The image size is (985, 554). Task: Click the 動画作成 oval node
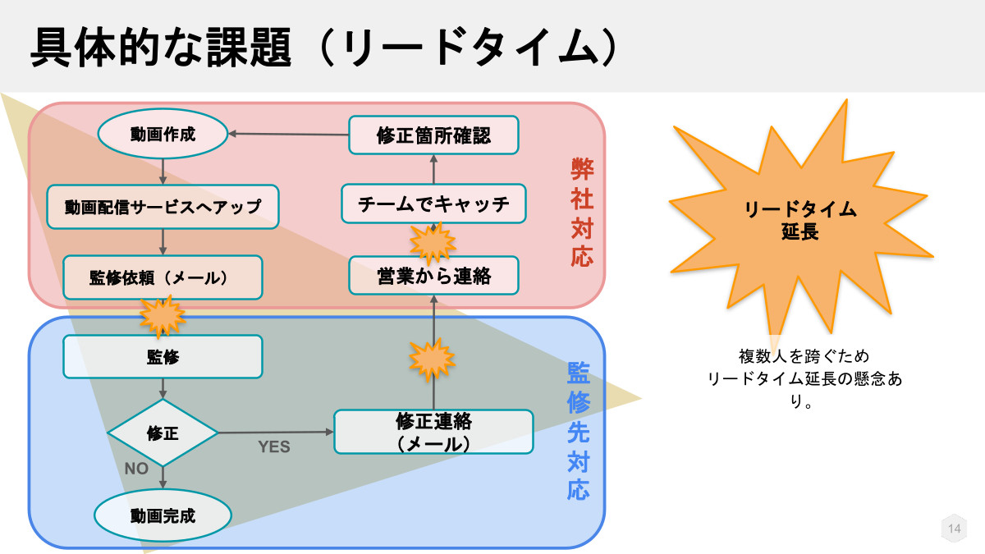(163, 134)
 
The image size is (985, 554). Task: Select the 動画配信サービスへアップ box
(163, 207)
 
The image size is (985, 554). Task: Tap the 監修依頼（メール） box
(163, 277)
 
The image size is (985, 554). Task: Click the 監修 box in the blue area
(163, 357)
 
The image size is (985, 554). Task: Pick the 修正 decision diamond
(163, 433)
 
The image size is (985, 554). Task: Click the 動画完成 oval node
(163, 515)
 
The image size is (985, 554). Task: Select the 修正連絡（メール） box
(433, 432)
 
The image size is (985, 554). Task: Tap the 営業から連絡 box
(433, 276)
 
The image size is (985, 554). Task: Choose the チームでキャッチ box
(433, 204)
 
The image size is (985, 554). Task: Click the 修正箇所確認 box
(433, 135)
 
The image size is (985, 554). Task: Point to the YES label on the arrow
(274, 447)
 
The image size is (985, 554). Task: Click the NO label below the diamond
(136, 469)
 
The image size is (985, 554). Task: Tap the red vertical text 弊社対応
(582, 212)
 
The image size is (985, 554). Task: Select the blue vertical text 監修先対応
(579, 432)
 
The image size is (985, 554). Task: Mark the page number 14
(953, 529)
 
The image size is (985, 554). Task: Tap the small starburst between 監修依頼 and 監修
(162, 315)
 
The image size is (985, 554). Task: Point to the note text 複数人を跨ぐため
(804, 357)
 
